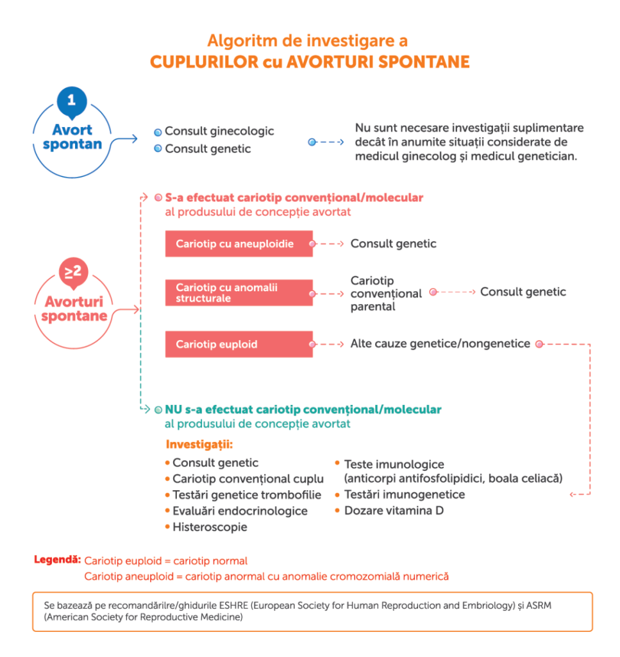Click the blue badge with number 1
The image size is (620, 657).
(72, 100)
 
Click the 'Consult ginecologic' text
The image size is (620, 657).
(219, 132)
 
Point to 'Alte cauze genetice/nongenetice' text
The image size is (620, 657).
(440, 344)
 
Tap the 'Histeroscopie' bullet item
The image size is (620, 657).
(210, 527)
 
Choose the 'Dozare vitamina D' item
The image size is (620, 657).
(394, 511)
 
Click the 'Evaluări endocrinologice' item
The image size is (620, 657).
(240, 511)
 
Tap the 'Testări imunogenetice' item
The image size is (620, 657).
(405, 495)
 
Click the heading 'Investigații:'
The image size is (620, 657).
(199, 444)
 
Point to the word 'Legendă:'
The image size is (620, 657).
(57, 560)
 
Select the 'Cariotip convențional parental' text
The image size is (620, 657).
(386, 293)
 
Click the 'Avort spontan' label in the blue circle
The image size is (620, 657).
(72, 137)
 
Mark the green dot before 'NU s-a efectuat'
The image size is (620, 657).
(158, 409)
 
